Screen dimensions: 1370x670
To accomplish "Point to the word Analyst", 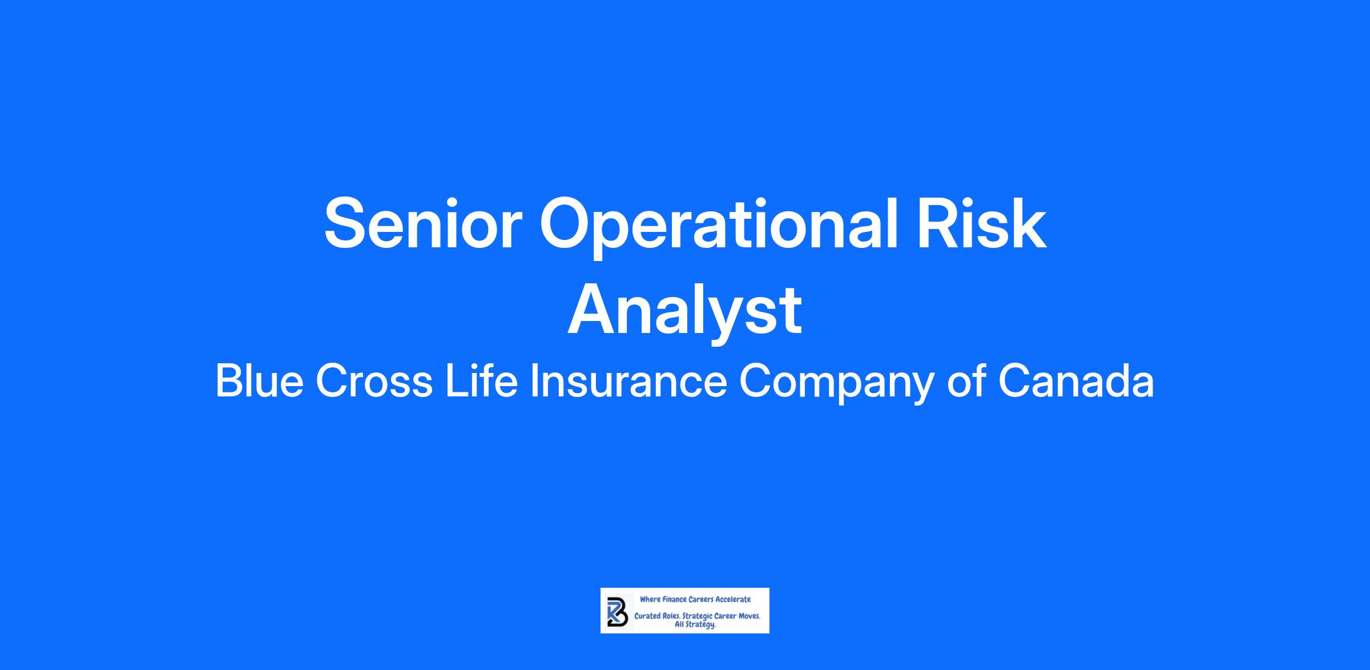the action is (685, 311).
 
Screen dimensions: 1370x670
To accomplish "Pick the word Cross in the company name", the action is (374, 381).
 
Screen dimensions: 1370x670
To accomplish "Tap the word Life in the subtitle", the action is (481, 380).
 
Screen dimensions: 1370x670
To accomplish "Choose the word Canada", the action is (1076, 381).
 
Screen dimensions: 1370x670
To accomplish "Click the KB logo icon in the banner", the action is (617, 611).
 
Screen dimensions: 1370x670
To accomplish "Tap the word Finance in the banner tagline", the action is (674, 599).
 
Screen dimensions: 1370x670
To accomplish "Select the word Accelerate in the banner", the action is (734, 599).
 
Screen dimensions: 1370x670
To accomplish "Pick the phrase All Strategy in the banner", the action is (695, 625).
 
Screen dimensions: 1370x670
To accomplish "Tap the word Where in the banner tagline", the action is (650, 599).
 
